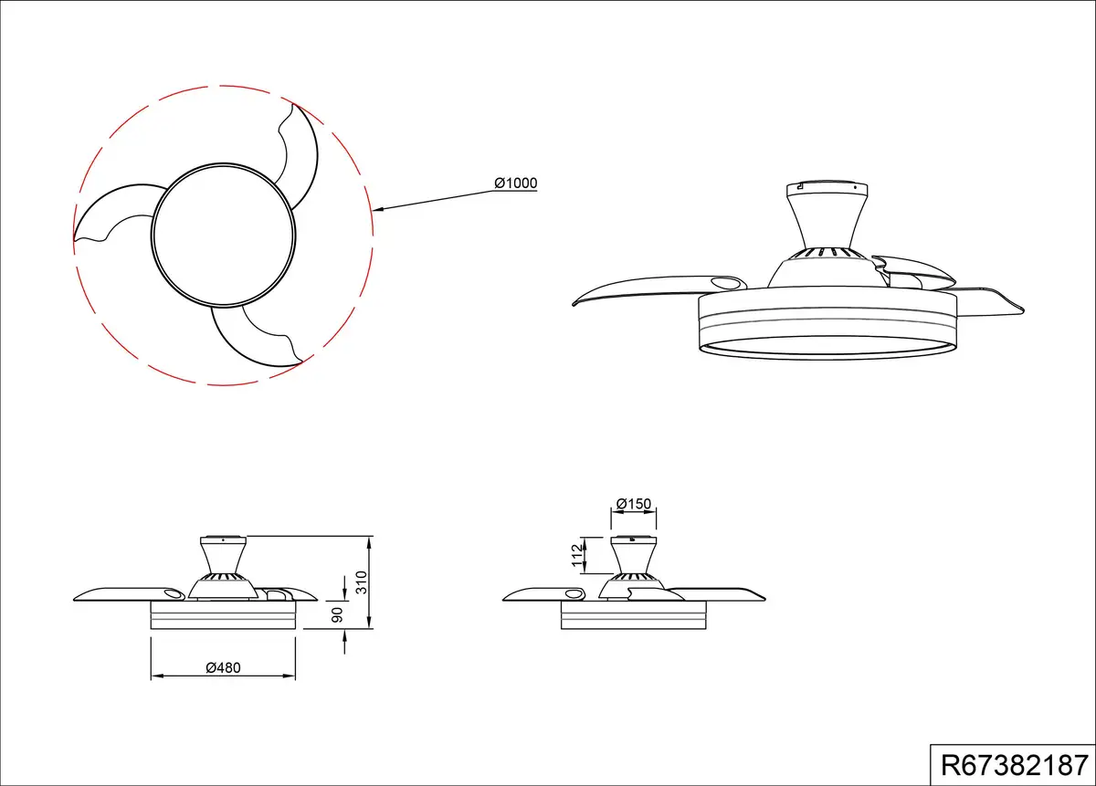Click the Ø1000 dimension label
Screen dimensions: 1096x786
tap(516, 183)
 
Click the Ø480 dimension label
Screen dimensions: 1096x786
tap(223, 667)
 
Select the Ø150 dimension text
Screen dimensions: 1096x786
tap(634, 504)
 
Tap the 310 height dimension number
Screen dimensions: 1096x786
tap(361, 582)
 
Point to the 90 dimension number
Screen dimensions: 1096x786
tap(337, 615)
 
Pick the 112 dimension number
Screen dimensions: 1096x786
tap(578, 555)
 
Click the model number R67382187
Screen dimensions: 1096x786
tap(1015, 765)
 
